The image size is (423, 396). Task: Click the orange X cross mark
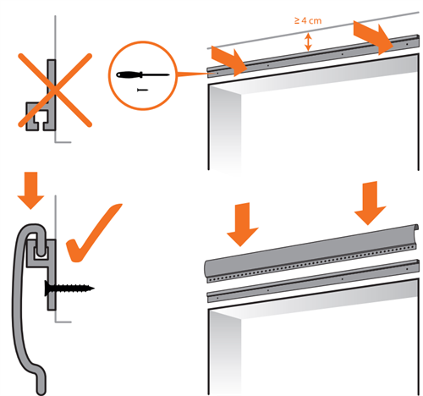[x=55, y=90]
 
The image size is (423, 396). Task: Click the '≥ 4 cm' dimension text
[x=308, y=20]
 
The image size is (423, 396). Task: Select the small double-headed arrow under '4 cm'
[x=308, y=41]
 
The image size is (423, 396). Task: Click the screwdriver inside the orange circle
[x=143, y=75]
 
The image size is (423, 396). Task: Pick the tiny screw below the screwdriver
[x=142, y=90]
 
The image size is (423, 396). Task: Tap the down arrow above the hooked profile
[x=30, y=190]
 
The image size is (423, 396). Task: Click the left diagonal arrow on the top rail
[x=229, y=61]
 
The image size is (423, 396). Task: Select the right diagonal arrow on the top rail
[x=373, y=37]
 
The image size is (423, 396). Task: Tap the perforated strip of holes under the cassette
[x=311, y=264]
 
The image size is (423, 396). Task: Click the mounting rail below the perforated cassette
[x=313, y=281]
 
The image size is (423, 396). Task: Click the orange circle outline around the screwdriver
[x=108, y=75]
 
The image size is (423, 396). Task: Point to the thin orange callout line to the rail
[x=193, y=74]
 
